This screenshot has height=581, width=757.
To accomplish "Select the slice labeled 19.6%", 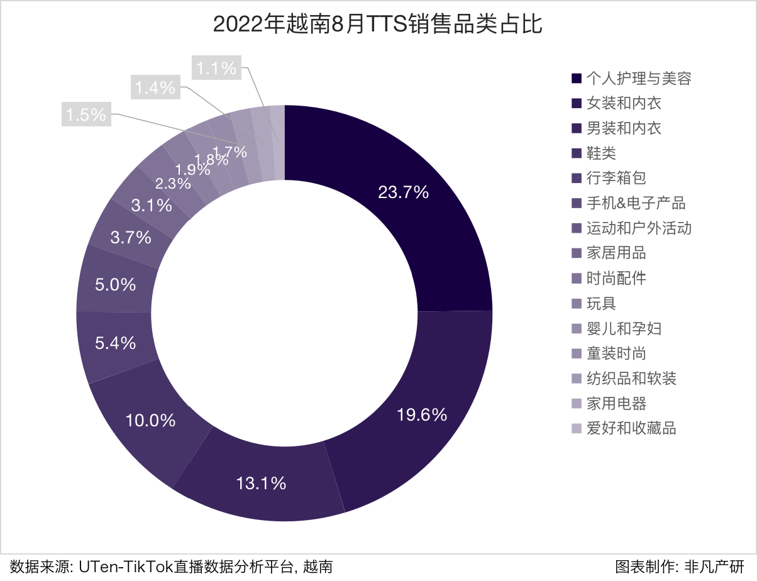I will click(422, 414).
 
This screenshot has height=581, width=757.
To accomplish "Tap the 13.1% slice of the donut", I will click(262, 483).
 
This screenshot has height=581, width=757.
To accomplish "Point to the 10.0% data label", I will click(150, 421).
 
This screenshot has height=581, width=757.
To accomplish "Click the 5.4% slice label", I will click(115, 343).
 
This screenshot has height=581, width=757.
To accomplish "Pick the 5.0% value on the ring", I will click(115, 285).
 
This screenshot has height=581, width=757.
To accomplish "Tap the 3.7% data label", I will click(130, 238).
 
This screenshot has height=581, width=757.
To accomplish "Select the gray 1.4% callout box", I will click(155, 88).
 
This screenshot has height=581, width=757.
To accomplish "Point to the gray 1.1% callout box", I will click(216, 67).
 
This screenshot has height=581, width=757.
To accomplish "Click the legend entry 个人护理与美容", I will click(639, 78).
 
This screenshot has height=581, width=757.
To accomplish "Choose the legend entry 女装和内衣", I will click(624, 103).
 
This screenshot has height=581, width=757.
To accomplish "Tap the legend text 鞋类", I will click(601, 153).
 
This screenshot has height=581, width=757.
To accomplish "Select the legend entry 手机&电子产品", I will click(636, 203).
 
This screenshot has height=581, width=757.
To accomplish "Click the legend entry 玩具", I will click(601, 304).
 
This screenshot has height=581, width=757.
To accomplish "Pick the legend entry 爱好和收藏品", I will click(631, 429).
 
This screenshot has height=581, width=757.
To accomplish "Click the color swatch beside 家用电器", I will click(576, 404).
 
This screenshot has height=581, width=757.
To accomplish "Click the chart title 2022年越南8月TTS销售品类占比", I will click(378, 25).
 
